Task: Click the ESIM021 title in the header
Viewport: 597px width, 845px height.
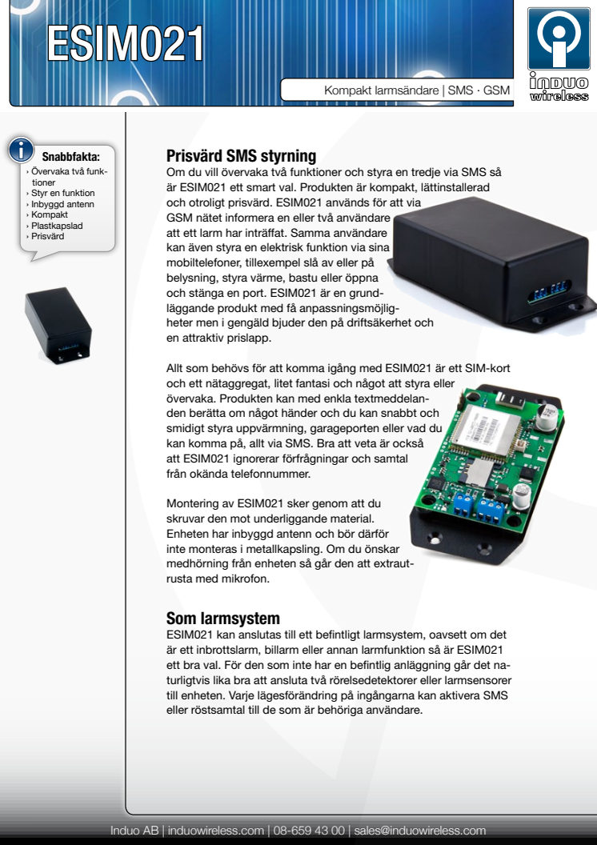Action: (x=125, y=43)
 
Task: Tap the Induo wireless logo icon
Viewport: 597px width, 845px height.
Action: (x=559, y=38)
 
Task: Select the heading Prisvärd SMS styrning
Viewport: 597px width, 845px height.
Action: (x=242, y=156)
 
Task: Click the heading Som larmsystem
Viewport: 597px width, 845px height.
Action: (x=223, y=618)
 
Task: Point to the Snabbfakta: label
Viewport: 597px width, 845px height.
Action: (x=71, y=157)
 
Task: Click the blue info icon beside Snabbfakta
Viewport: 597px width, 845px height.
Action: (x=21, y=150)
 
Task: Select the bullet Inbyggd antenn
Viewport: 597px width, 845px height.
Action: (x=62, y=204)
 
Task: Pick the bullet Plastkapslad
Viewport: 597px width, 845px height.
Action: (x=57, y=226)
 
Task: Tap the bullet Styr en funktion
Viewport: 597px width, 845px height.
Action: (x=62, y=193)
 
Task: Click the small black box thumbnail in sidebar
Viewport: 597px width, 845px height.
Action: (x=58, y=325)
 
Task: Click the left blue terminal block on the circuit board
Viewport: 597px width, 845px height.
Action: (x=461, y=504)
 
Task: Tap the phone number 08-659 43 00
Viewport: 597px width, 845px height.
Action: (x=309, y=831)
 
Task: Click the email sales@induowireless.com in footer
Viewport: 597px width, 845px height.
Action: (x=419, y=831)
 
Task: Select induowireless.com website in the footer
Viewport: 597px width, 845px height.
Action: (x=215, y=831)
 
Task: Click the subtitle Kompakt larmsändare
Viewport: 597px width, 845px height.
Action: (x=382, y=90)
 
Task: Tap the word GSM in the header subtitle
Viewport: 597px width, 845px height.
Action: (x=496, y=90)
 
